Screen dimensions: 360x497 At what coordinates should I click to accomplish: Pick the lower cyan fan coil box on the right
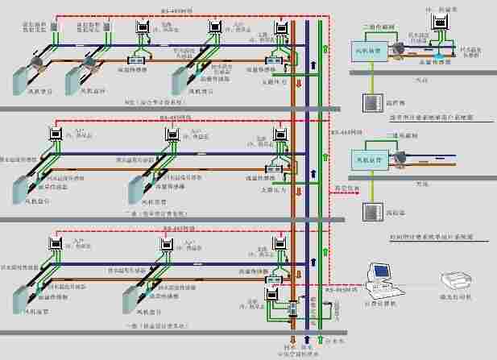pyautogui.click(x=367, y=160)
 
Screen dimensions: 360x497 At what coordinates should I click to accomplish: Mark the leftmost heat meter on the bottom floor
pyautogui.click(x=56, y=241)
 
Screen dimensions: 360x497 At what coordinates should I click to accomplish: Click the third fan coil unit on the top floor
pyautogui.click(x=188, y=81)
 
